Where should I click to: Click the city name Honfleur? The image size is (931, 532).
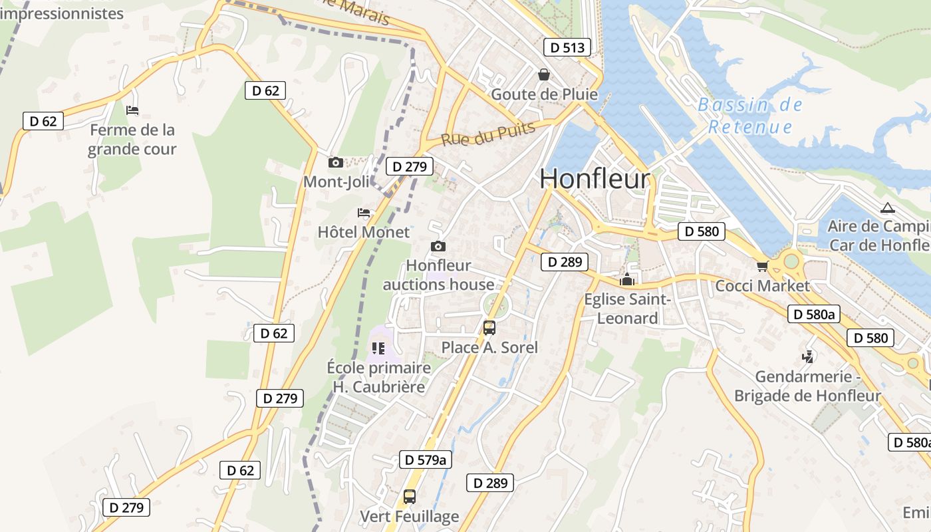(x=594, y=179)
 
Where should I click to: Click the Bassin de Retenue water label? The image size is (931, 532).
(x=750, y=116)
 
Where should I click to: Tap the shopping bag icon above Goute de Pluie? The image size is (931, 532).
(x=544, y=74)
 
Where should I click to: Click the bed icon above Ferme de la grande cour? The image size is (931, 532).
(x=132, y=110)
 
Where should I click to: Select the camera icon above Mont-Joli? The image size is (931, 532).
(x=336, y=162)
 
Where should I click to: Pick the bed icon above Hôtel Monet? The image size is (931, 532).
(x=364, y=213)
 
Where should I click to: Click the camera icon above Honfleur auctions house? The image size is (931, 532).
(x=438, y=247)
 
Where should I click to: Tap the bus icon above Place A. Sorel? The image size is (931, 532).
(x=489, y=327)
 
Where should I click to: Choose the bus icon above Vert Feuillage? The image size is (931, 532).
(x=410, y=496)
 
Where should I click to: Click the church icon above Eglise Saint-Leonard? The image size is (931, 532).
(x=626, y=280)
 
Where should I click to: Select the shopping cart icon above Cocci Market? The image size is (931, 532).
(x=762, y=266)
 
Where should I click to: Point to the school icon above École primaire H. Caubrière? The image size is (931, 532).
(x=378, y=348)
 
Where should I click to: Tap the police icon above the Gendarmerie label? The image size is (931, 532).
(x=808, y=357)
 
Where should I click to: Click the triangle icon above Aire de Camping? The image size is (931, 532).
(x=887, y=208)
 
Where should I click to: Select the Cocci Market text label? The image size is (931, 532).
(x=762, y=286)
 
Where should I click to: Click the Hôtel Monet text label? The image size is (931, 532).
(x=364, y=232)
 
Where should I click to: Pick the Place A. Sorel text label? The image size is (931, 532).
(x=489, y=347)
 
